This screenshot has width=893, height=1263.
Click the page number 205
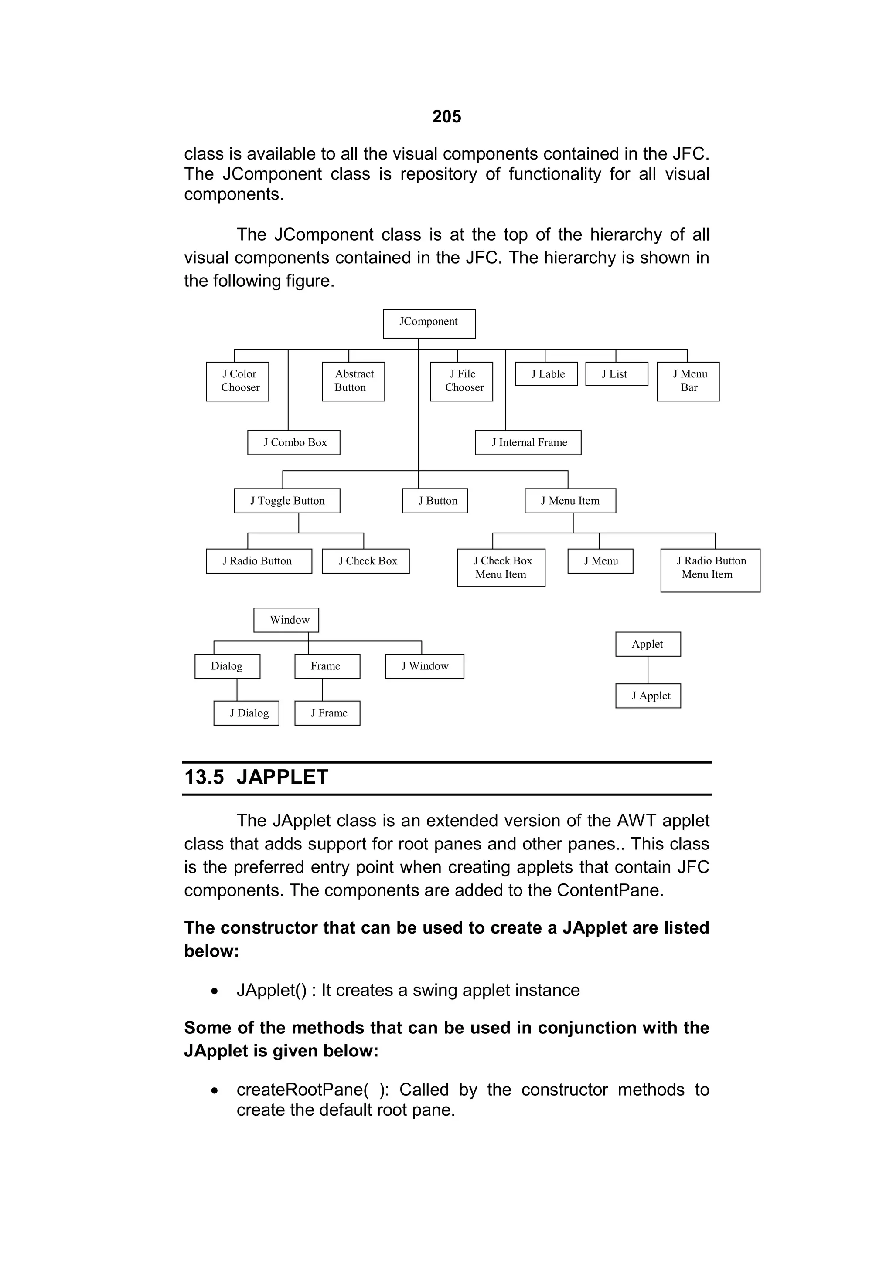tap(446, 117)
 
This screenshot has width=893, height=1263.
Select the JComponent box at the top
tap(429, 323)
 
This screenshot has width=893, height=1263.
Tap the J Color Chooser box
tap(238, 381)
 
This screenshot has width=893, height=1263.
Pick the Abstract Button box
tap(353, 381)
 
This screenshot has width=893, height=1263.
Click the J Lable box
tap(546, 374)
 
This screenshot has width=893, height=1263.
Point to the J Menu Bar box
tap(688, 381)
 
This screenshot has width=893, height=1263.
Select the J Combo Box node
tap(294, 443)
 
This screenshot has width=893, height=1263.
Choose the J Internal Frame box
tap(528, 443)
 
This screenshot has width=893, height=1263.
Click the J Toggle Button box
tap(287, 501)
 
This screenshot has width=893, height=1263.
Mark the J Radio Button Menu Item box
tap(710, 570)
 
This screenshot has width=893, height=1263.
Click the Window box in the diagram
tap(286, 620)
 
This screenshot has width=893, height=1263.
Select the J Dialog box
tap(246, 713)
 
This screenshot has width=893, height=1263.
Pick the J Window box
tap(425, 666)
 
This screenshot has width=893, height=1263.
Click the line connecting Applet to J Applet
tap(648, 670)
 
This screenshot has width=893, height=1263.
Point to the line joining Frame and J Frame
tap(322, 689)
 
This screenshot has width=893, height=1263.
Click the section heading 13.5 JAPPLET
tap(256, 777)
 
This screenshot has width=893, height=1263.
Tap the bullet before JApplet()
tap(215, 991)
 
